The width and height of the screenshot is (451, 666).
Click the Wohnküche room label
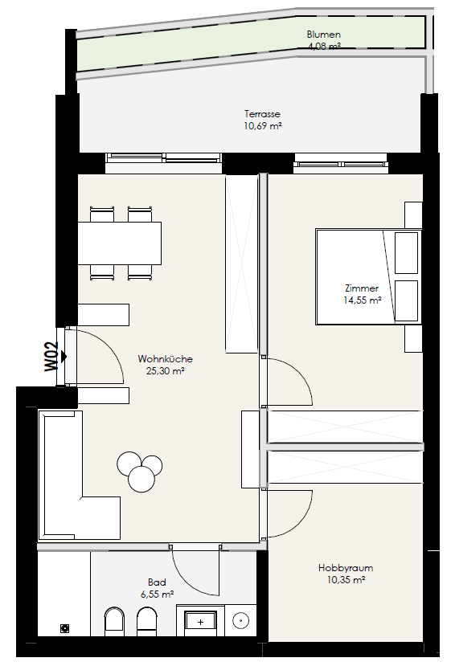(x=166, y=359)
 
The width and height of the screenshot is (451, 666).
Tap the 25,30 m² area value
(x=166, y=371)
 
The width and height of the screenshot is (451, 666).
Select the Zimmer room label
(x=362, y=288)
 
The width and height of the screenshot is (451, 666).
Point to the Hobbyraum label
(x=346, y=568)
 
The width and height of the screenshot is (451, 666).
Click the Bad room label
(x=157, y=582)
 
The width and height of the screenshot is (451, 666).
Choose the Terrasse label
(x=262, y=114)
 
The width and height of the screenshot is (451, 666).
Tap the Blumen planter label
(x=323, y=35)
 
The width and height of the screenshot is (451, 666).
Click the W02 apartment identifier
(x=52, y=357)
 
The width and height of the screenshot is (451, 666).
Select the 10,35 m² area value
(x=346, y=580)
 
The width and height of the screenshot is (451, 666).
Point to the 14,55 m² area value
(x=362, y=300)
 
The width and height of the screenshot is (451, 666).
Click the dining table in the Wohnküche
(x=120, y=243)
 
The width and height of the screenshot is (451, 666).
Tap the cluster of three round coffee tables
(x=140, y=471)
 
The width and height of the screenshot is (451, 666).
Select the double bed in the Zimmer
(x=368, y=277)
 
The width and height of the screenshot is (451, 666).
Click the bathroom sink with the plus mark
(x=201, y=623)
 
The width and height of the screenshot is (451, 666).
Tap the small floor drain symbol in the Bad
(x=64, y=627)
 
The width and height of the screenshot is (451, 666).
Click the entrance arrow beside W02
(x=64, y=357)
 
